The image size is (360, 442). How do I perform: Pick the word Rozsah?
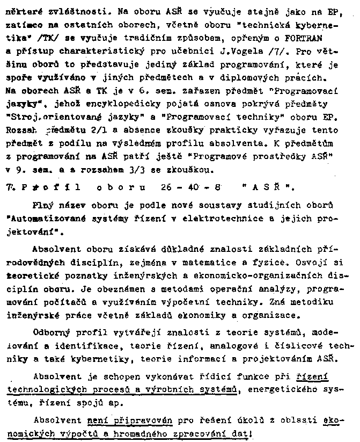(x=19, y=129)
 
